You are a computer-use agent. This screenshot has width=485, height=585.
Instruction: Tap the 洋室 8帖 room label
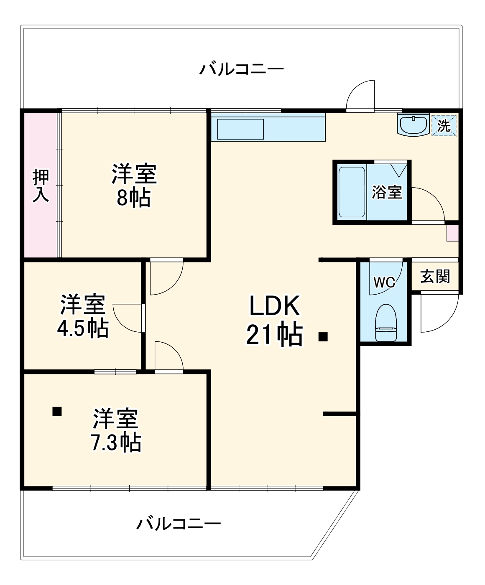click(x=133, y=186)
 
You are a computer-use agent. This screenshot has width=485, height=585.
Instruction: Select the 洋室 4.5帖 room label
click(x=83, y=316)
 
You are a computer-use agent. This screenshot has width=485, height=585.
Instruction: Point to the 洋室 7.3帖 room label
click(x=116, y=430)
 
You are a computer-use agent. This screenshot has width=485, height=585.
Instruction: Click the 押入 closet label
click(x=41, y=186)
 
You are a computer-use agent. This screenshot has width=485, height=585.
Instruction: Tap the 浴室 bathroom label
click(x=387, y=192)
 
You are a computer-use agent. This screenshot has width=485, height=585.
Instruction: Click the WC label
click(x=384, y=282)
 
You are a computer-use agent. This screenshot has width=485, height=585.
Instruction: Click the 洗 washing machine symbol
click(x=444, y=125)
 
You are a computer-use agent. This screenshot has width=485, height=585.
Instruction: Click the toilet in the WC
click(x=385, y=323)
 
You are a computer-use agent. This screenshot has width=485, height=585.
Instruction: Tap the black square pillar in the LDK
click(x=323, y=337)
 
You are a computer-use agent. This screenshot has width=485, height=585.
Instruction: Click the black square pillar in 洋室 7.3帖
click(x=57, y=411)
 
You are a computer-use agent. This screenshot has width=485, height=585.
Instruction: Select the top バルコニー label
click(x=241, y=69)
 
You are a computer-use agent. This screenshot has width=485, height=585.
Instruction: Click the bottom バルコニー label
click(x=179, y=523)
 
